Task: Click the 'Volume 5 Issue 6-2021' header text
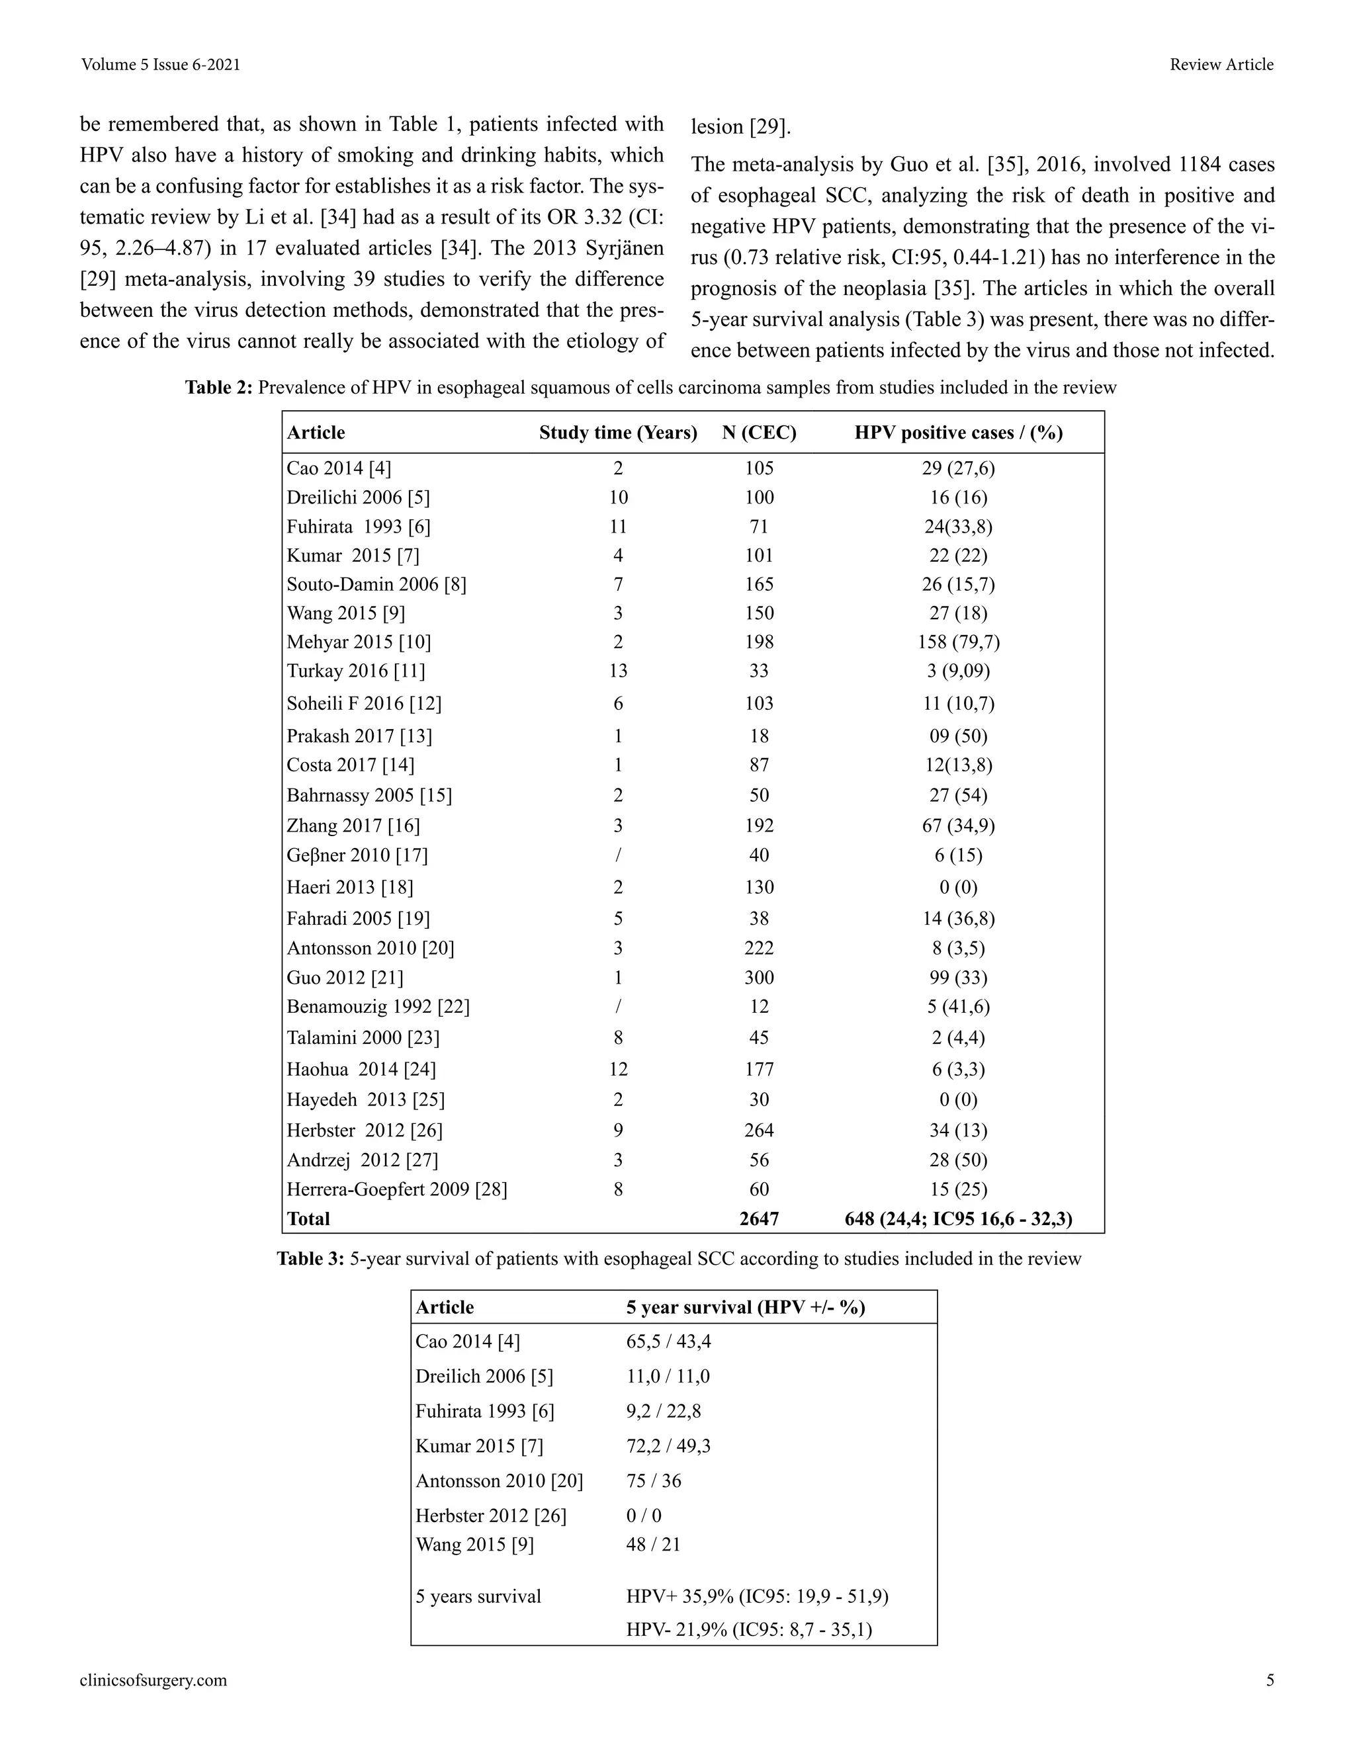(161, 65)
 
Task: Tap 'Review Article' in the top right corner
(1221, 65)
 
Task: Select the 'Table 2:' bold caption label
(219, 388)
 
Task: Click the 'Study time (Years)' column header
(618, 433)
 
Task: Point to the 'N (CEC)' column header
(759, 433)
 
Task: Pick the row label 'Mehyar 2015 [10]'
(359, 642)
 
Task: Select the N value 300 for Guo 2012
(759, 978)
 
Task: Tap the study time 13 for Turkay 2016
(618, 671)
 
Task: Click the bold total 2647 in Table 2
(759, 1219)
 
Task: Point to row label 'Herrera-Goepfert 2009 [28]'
(396, 1189)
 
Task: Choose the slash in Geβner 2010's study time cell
(618, 855)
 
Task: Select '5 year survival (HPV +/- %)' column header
(745, 1308)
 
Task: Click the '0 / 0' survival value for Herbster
(644, 1516)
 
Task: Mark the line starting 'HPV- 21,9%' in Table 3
(748, 1629)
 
